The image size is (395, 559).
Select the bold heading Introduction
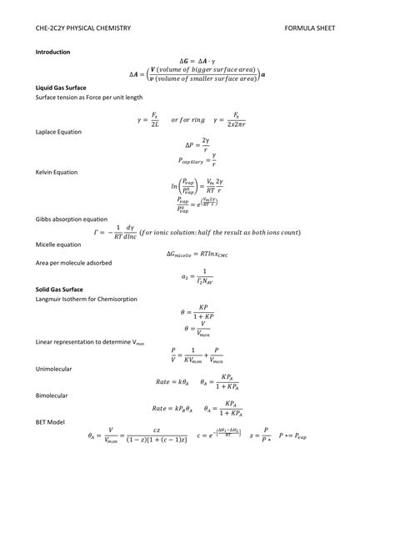click(52, 52)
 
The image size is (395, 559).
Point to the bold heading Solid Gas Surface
click(59, 288)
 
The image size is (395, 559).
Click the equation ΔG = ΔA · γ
click(197, 62)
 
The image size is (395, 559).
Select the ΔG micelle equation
click(197, 254)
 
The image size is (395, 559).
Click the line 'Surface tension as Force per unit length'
click(88, 97)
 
